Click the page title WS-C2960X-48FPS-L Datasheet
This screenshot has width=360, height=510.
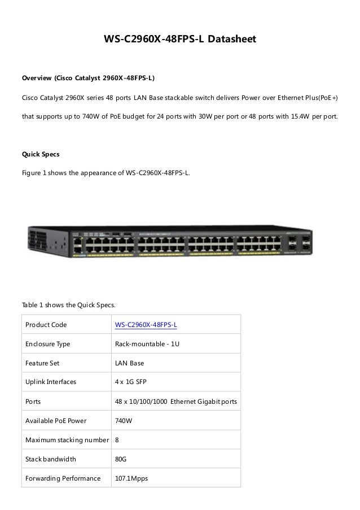[180, 40]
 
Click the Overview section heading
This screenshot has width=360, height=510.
[88, 77]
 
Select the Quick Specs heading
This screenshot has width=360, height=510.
[40, 154]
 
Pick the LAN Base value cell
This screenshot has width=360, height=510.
[129, 363]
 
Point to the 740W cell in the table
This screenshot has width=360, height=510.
[124, 421]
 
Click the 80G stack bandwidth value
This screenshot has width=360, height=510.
[121, 459]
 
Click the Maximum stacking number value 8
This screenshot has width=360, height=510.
[117, 440]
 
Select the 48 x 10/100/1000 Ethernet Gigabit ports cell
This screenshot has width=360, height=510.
[176, 402]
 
